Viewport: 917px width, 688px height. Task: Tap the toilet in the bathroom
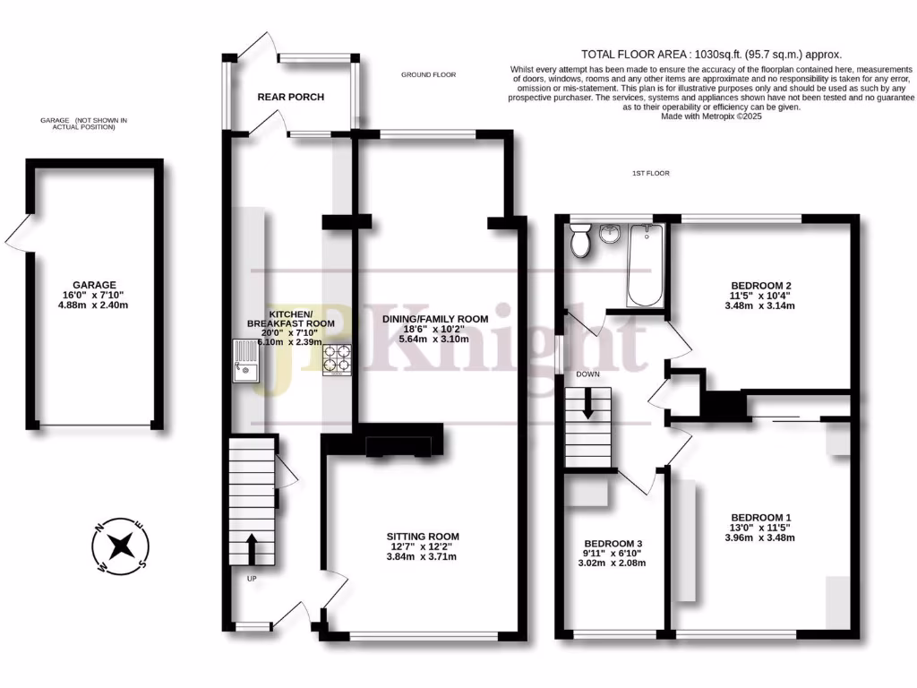point(579,240)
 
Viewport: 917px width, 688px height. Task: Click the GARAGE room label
point(95,285)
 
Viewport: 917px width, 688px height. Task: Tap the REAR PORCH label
point(290,97)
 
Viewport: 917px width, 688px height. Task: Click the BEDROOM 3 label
point(613,544)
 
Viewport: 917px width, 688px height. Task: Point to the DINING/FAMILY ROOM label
point(435,319)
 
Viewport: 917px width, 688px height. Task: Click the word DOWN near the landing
point(587,374)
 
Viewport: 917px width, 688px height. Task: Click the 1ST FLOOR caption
point(650,173)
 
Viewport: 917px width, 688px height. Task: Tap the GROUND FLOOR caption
point(428,75)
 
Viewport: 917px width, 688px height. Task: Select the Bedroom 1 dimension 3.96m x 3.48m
point(761,537)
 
